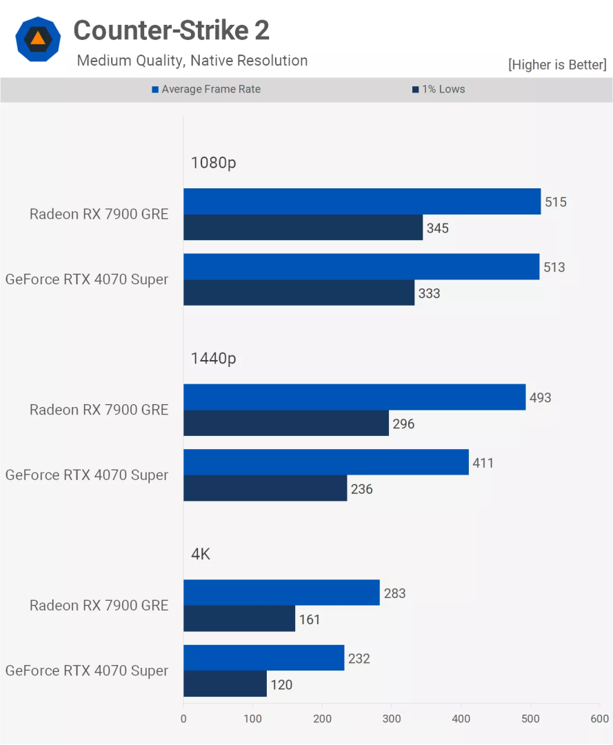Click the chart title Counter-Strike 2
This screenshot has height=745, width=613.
[171, 30]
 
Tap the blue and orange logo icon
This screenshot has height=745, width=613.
[38, 39]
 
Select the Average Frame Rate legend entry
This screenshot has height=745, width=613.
[206, 89]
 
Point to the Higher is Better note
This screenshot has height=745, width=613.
[556, 65]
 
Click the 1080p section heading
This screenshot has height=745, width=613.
[214, 163]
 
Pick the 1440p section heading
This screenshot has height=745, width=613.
[214, 358]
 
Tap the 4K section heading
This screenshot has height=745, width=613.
[201, 554]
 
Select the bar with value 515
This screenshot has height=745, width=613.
[362, 201]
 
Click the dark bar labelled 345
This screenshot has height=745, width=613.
[303, 228]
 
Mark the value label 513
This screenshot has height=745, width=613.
[554, 267]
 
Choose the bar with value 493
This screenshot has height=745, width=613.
[354, 397]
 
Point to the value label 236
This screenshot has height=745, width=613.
[361, 489]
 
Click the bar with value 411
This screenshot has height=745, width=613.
[326, 462]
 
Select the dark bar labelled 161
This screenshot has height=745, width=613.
[239, 619]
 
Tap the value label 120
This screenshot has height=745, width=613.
[281, 685]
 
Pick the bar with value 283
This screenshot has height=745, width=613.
[281, 593]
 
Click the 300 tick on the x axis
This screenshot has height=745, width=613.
[392, 718]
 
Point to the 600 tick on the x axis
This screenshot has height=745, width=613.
[599, 718]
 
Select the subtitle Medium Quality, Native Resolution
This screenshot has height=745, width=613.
[192, 61]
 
